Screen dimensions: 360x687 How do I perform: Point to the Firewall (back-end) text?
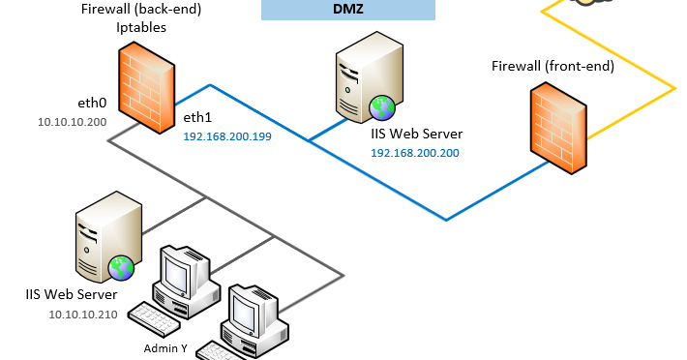[x=134, y=10]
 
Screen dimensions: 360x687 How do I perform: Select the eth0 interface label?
[x=91, y=102]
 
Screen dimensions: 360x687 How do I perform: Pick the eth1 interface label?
[x=197, y=117]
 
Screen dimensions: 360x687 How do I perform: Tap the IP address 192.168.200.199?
[x=227, y=136]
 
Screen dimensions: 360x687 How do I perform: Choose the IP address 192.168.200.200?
[x=415, y=153]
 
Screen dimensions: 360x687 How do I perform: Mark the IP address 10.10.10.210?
[x=82, y=314]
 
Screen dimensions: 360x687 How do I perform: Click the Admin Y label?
[x=164, y=347]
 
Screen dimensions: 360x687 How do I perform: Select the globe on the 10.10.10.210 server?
[x=120, y=266]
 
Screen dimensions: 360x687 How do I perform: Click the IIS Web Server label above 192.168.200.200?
[x=416, y=135]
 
